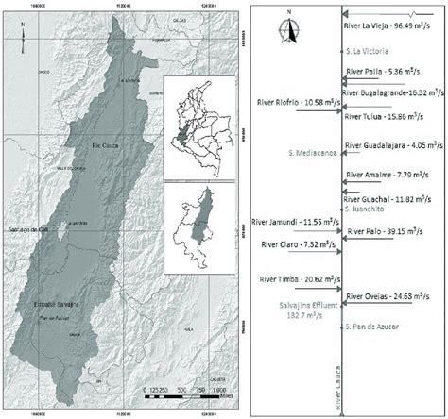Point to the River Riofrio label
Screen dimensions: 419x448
(296, 102)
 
